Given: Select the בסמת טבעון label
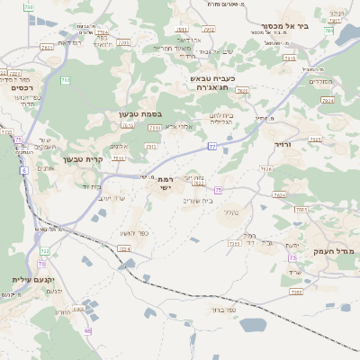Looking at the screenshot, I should tap(139, 114).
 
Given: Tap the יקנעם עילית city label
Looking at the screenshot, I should tap(33, 280).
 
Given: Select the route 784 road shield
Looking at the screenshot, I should tap(328, 31).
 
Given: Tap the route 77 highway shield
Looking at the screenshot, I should tap(211, 145).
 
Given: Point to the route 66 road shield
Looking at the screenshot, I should tap(88, 330).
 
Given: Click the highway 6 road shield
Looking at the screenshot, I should tap(23, 169).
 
